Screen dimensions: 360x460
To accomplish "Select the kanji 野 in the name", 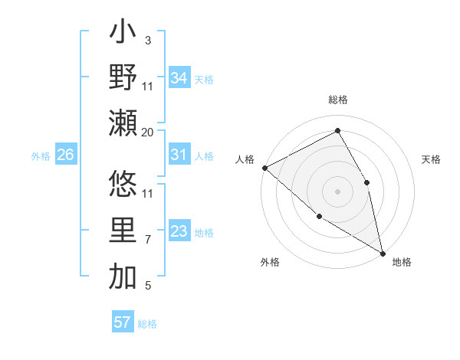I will tap(123, 77).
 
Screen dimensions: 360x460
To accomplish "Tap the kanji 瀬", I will tap(123, 123).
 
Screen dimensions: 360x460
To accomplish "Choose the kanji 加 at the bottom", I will tap(123, 277).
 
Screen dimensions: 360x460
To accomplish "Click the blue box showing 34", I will tap(179, 78).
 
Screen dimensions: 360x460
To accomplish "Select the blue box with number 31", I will tap(179, 155).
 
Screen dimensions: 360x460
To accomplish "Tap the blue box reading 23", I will tap(179, 231).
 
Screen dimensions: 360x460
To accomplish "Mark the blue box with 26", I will tap(65, 155).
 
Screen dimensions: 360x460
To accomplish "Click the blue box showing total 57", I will tap(122, 322).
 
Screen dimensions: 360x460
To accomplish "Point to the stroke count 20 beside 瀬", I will tap(148, 133).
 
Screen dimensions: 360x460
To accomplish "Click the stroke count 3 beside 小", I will tap(147, 40).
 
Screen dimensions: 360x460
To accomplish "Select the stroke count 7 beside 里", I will tap(147, 240).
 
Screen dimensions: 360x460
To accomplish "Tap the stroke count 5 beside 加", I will tap(147, 286).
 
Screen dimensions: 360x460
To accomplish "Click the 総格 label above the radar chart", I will tap(337, 100).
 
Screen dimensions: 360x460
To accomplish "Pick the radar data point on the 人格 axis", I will tap(264, 168).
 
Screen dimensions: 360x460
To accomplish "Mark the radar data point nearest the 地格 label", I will tap(382, 252).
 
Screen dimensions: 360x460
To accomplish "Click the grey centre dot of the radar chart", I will tap(337, 191).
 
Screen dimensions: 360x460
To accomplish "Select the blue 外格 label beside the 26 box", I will tap(41, 155).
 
